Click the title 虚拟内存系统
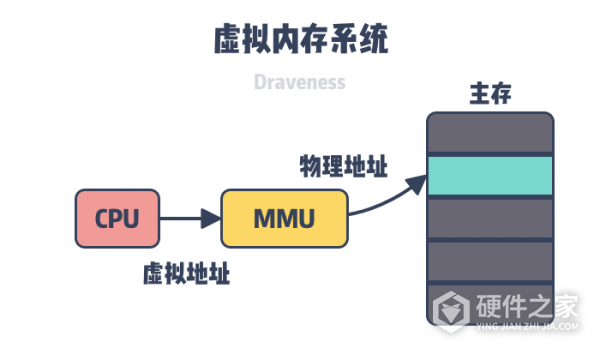click(x=300, y=39)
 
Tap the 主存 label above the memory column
click(x=490, y=96)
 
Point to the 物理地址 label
click(x=344, y=164)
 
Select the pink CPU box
click(x=117, y=218)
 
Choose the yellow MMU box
click(x=284, y=218)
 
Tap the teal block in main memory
click(x=490, y=175)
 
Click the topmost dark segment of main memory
click(x=490, y=132)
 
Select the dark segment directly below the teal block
click(x=490, y=216)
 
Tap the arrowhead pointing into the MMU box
click(x=211, y=218)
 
